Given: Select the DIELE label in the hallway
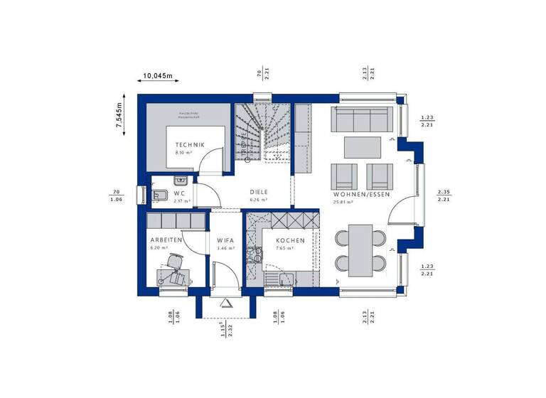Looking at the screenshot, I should (x=258, y=193).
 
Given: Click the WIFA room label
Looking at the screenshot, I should (x=226, y=241).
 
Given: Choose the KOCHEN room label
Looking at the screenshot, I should (x=291, y=241).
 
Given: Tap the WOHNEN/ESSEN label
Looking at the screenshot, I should (x=361, y=193).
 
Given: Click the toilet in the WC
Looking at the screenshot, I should (x=159, y=195).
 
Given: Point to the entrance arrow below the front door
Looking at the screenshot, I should (x=227, y=303).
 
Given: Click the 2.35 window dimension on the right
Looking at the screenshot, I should (x=444, y=192).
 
